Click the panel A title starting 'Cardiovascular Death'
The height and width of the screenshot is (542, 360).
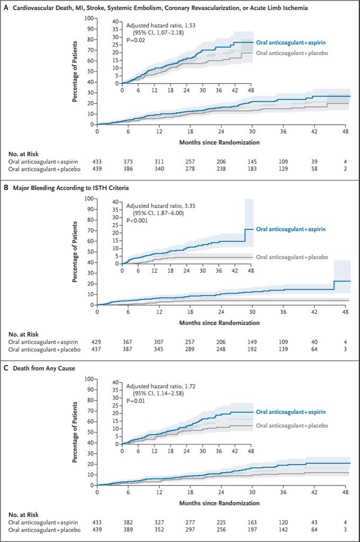pos(160,7)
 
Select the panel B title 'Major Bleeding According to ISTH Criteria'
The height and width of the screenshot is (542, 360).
pos(71,188)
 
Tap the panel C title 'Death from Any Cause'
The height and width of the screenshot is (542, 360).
pos(44,368)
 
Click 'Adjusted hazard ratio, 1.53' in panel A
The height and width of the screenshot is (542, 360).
pos(161,25)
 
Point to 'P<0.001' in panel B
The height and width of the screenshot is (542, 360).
pos(137,221)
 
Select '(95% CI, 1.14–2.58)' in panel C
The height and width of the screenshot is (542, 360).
pos(158,394)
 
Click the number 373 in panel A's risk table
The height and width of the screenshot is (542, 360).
pos(128,162)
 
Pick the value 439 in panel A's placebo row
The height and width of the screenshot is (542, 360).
pos(97,169)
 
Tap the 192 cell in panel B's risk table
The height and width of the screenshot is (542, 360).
pos(252,349)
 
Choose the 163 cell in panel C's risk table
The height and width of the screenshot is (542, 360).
pos(252,522)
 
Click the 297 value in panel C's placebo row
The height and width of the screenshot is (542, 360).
pos(190,530)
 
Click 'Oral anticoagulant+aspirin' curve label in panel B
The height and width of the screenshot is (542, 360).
pos(291,229)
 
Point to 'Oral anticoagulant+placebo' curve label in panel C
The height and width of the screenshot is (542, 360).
pos(292,426)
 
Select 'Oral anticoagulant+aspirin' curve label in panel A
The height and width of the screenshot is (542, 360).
pos(291,42)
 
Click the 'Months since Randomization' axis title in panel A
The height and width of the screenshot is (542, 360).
pos(219,142)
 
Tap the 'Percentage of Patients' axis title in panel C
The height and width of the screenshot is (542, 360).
pos(75,432)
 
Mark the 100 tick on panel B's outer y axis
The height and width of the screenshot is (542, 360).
pos(89,199)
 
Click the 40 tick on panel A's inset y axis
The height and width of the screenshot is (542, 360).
pos(115,22)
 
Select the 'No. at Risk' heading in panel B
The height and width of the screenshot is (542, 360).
pos(23,335)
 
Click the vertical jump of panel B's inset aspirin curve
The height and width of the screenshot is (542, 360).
pos(245,236)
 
